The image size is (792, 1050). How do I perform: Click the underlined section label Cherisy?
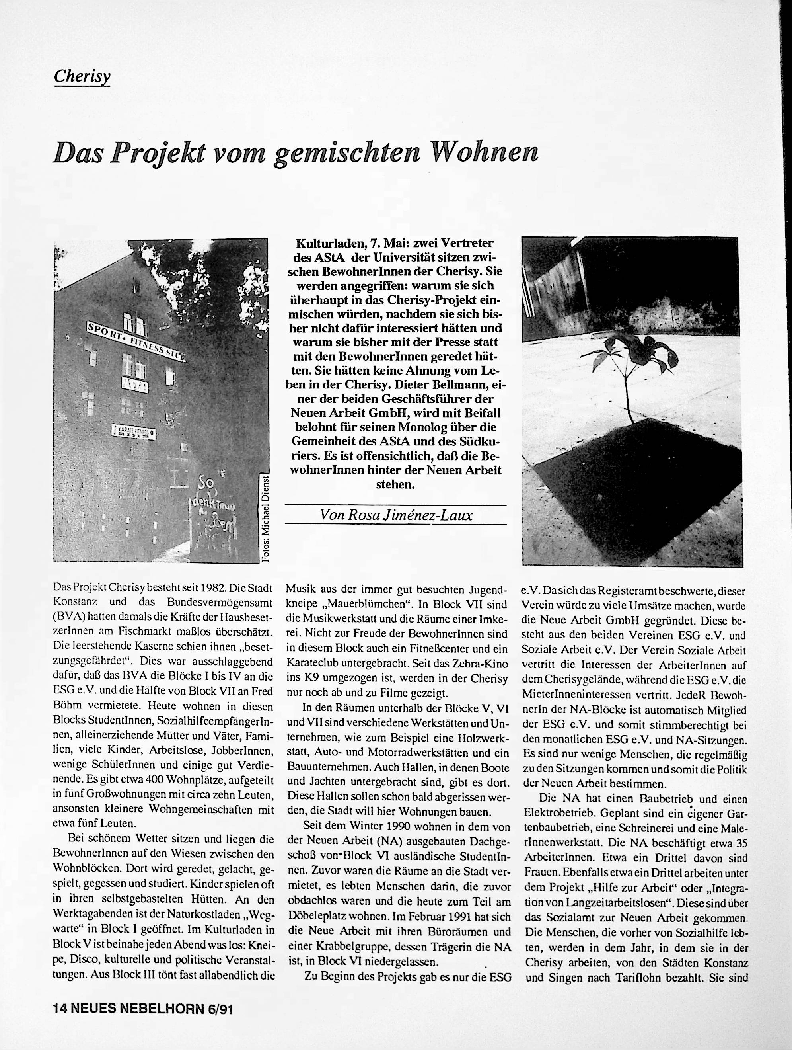coord(82,76)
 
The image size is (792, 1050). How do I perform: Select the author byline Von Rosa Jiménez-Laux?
coord(396,515)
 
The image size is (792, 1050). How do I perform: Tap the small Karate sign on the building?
coord(134,431)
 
